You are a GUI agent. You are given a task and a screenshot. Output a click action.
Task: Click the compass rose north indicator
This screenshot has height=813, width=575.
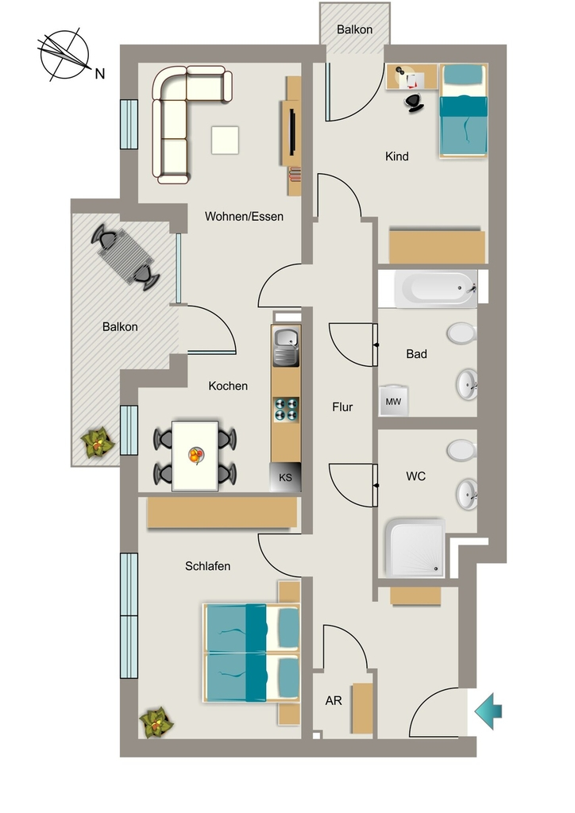[x=65, y=55]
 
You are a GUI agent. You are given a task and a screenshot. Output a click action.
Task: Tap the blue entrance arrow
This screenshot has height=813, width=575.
[x=488, y=711]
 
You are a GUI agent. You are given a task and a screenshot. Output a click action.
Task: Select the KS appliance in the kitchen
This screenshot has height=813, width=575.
[x=285, y=477]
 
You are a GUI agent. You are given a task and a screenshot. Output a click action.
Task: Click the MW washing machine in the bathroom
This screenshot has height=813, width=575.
[x=394, y=401]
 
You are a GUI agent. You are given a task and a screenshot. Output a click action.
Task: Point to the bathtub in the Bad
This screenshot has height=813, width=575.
[x=435, y=289]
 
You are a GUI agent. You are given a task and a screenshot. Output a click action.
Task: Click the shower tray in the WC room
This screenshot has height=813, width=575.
[x=415, y=549]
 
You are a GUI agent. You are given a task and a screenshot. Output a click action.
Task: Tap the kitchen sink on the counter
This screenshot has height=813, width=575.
[x=286, y=346]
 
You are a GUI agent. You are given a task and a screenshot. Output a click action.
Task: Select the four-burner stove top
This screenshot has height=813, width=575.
[x=286, y=409]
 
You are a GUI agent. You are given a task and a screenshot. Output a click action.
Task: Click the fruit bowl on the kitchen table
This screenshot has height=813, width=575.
[x=195, y=456]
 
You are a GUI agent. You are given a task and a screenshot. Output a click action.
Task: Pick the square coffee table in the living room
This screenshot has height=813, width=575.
[x=225, y=140]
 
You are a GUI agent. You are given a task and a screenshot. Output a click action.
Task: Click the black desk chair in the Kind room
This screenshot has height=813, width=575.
[x=415, y=102]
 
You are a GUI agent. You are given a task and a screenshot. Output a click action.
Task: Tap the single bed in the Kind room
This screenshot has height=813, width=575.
[x=464, y=110]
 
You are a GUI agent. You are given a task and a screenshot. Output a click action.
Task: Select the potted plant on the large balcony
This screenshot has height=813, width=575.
[x=98, y=442]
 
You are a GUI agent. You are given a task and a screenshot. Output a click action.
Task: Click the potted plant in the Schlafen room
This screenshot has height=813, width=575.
[x=156, y=722]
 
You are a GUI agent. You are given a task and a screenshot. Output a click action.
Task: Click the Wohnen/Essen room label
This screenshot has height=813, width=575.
[x=244, y=216]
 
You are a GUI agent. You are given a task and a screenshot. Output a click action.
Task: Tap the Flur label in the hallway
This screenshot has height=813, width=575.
[x=342, y=407]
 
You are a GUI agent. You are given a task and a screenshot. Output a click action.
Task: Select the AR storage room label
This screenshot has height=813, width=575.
[x=334, y=701]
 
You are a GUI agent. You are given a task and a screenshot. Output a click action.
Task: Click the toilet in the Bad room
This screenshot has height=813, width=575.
[x=461, y=333]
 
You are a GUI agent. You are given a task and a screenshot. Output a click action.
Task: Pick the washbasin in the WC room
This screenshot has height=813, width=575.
[x=467, y=495]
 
